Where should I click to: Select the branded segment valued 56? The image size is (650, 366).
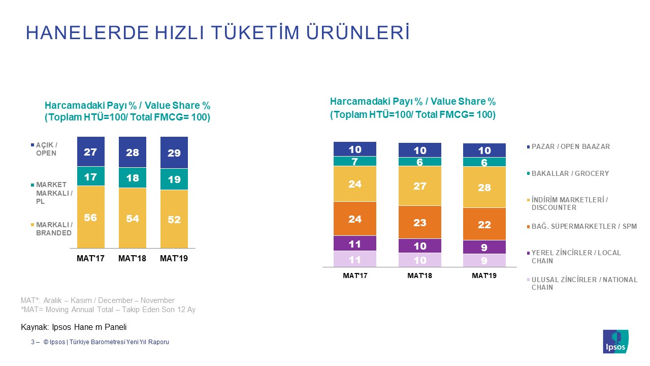[91, 217]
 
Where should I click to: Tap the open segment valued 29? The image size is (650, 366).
[174, 152]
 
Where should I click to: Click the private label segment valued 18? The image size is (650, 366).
[133, 178]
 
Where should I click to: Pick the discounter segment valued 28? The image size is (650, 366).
[484, 187]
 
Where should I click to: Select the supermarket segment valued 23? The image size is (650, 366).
[419, 222]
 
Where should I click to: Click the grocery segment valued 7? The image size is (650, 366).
[355, 161]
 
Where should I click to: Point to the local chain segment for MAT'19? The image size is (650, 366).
[484, 247]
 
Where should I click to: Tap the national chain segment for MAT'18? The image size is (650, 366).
[419, 260]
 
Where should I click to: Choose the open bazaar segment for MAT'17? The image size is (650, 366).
[355, 149]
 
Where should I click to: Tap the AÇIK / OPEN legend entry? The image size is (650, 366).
[46, 149]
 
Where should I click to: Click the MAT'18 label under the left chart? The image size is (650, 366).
[132, 259]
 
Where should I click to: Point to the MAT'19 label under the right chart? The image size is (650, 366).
[484, 276]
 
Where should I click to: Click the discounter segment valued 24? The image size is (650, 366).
[355, 184]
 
